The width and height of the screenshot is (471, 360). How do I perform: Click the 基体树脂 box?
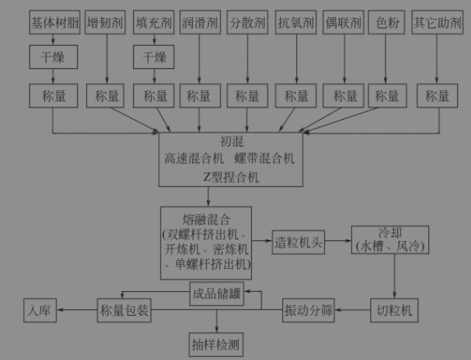coord(54,21)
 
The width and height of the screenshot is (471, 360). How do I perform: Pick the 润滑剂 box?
coord(199,21)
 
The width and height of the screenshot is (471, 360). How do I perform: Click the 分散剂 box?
coord(249,21)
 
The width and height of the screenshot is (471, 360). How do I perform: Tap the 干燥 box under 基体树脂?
coord(54,57)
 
